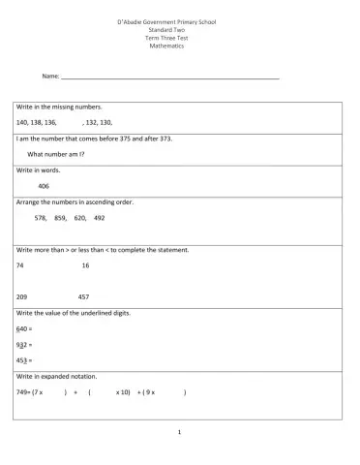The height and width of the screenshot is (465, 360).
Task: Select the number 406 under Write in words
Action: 44,185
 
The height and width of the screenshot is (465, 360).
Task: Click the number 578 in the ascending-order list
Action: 40,218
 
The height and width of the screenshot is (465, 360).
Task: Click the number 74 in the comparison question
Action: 19,264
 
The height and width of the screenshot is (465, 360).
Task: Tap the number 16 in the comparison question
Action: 85,264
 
